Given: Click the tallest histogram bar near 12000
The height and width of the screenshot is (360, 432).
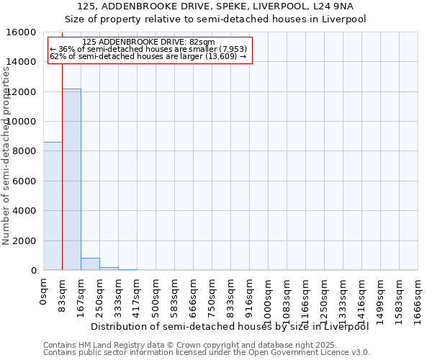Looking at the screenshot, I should [71, 180].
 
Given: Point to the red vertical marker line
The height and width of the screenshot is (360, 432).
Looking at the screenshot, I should [62, 158].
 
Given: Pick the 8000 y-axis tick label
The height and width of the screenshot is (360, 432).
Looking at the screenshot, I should [26, 151].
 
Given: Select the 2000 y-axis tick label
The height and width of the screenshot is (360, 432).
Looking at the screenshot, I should [26, 240].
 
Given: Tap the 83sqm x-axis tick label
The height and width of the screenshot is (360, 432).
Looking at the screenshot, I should [63, 294].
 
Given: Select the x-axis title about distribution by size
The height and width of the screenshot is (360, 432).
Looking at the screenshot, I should [230, 326].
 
